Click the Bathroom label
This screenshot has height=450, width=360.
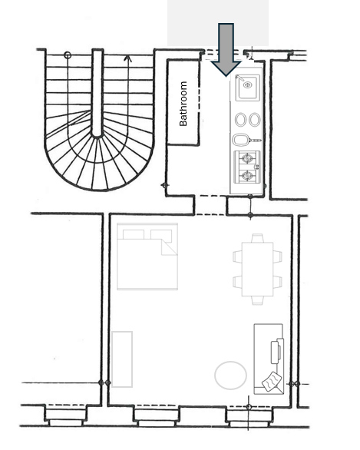[183, 104]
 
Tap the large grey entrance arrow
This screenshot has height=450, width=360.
[226, 49]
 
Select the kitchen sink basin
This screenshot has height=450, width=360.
[248, 88]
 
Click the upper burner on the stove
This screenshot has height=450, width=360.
[246, 158]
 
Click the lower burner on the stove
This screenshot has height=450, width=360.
[246, 175]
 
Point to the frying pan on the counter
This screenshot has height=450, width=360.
[246, 140]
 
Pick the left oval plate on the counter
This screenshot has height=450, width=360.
[241, 119]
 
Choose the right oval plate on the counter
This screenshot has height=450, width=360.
[254, 119]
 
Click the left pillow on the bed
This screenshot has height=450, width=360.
[134, 234]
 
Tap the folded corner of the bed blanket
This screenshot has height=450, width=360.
[169, 247]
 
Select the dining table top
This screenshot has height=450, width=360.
[257, 270]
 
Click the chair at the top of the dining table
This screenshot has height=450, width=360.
[257, 238]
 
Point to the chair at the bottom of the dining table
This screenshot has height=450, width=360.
[257, 300]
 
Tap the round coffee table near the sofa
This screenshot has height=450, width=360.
[230, 375]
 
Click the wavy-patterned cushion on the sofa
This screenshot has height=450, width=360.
[272, 382]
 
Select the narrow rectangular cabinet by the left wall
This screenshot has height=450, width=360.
[122, 359]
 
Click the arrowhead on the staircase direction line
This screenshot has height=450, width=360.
[127, 58]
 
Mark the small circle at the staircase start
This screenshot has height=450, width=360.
[68, 55]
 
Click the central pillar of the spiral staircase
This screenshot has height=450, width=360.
[97, 93]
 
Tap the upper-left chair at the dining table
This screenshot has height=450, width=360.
[237, 256]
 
